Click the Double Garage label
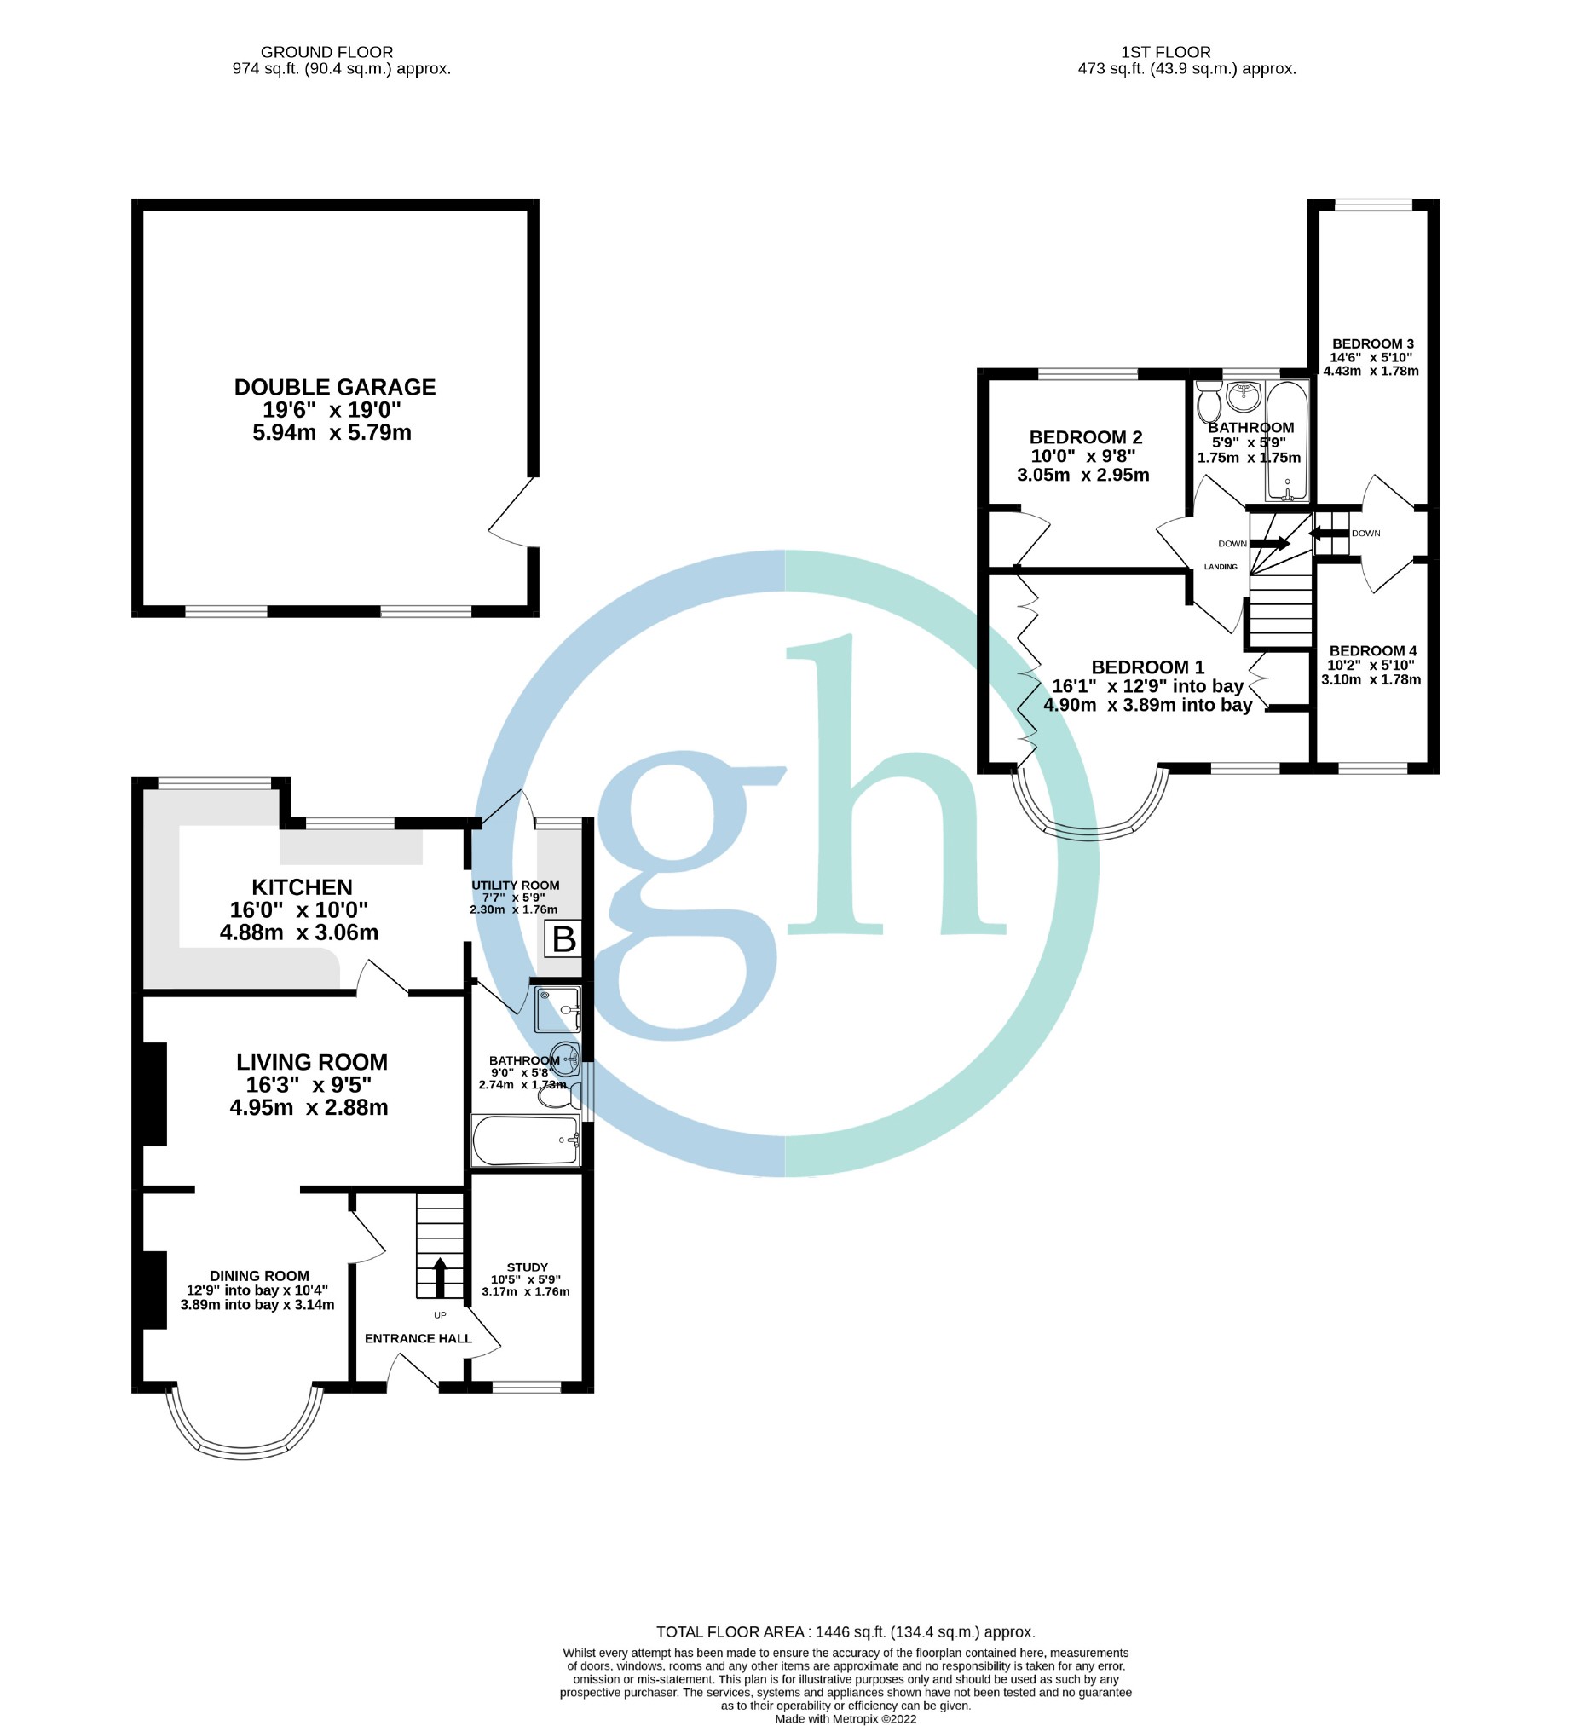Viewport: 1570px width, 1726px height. (335, 387)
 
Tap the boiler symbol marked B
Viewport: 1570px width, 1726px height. (563, 939)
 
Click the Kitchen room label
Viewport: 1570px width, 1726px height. (302, 887)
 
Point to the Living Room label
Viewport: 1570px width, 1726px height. (312, 1062)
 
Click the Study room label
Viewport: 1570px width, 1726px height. (527, 1267)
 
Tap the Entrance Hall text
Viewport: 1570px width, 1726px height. (418, 1338)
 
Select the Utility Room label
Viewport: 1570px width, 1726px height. (516, 886)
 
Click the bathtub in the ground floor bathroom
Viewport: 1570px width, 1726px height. (526, 1140)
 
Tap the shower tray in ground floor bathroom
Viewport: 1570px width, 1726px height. (558, 1009)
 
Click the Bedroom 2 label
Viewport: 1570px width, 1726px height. (1086, 437)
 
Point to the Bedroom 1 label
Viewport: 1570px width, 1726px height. (1147, 667)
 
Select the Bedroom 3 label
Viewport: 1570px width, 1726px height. (1372, 343)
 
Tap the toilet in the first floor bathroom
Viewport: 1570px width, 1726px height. (1209, 400)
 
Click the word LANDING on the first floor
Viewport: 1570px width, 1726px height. (1220, 567)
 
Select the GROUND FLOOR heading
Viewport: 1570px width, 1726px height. (327, 52)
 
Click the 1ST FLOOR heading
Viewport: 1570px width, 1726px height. (1165, 52)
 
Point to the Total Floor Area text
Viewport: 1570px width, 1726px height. (845, 1632)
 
